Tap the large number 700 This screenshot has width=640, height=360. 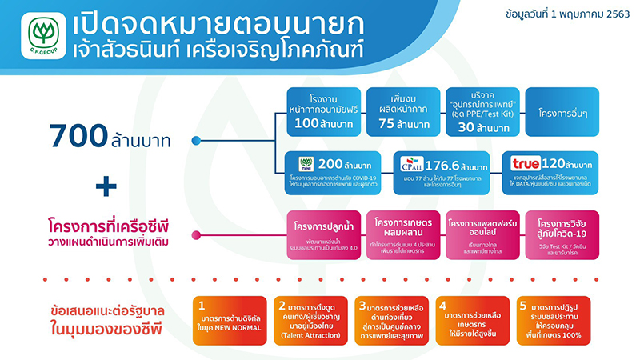(77, 137)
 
